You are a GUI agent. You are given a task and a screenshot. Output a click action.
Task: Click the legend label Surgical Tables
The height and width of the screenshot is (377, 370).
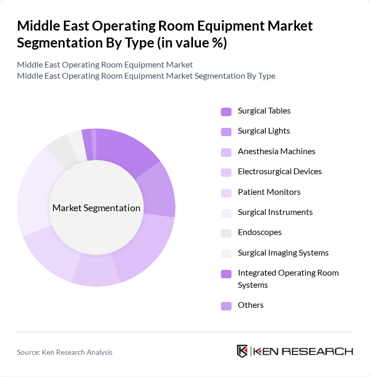[x=264, y=111]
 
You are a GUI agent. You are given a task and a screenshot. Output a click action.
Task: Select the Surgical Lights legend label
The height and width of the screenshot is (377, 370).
[x=264, y=131]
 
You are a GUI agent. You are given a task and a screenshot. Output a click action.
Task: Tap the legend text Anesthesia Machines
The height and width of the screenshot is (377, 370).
[x=276, y=152]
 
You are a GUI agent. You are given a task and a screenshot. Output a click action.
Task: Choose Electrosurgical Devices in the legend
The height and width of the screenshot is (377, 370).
[x=280, y=172]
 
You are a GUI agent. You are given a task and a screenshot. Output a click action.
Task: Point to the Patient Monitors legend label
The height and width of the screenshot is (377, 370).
[x=269, y=192]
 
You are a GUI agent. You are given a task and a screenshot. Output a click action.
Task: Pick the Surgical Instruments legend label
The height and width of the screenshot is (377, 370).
[x=275, y=212]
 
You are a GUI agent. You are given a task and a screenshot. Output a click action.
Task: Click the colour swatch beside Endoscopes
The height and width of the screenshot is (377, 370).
[x=226, y=233]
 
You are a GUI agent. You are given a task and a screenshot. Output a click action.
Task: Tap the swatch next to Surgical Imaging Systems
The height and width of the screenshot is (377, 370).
[x=226, y=253]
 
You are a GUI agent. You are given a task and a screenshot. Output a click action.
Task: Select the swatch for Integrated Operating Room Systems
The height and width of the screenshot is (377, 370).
[x=226, y=274]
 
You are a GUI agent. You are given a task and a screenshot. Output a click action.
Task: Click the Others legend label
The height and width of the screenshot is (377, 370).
[x=251, y=305]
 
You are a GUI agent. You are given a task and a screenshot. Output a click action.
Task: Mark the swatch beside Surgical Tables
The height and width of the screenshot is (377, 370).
[x=226, y=111]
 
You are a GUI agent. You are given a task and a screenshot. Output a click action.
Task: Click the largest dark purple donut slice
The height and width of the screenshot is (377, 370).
[x=127, y=150]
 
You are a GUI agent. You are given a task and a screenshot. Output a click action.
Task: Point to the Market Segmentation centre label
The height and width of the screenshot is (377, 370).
[x=96, y=208]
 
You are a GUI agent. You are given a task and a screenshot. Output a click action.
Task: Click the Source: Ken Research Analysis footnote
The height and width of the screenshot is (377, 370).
[x=64, y=352]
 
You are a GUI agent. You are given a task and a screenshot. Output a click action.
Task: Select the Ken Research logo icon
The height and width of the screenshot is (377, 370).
[x=243, y=352]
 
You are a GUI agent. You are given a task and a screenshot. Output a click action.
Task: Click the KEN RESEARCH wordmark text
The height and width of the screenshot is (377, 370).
[x=304, y=352]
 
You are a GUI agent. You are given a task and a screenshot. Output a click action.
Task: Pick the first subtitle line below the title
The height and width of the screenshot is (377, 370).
[x=105, y=65]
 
